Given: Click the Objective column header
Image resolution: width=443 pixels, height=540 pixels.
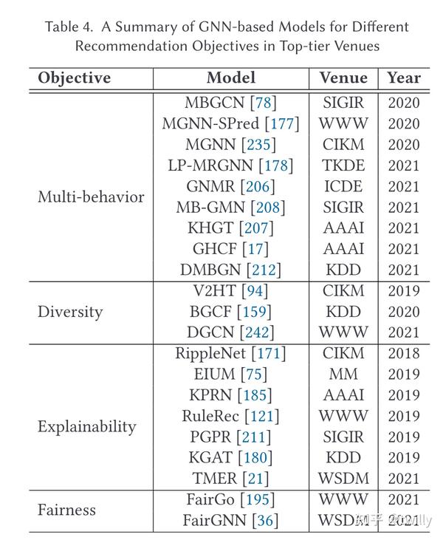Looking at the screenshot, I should pyautogui.click(x=74, y=78).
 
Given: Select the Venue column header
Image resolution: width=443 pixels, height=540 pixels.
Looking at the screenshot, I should pyautogui.click(x=343, y=78).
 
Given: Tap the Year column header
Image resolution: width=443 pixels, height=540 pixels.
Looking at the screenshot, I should pyautogui.click(x=403, y=78).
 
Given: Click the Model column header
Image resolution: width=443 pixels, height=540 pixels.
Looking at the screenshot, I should pyautogui.click(x=231, y=78).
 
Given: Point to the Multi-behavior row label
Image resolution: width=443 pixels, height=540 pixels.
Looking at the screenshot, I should pyautogui.click(x=91, y=197).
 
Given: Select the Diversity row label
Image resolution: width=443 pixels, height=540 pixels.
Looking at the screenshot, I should pyautogui.click(x=71, y=312).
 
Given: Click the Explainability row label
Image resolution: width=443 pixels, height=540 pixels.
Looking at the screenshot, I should pyautogui.click(x=87, y=427).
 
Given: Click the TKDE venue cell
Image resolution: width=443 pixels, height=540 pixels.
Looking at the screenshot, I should pyautogui.click(x=343, y=165).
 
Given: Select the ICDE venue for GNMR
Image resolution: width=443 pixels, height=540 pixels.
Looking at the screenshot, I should pyautogui.click(x=343, y=186).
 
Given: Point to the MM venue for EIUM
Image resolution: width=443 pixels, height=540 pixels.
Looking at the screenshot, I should pyautogui.click(x=343, y=375).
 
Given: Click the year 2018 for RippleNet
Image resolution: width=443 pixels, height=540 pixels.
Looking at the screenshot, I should pyautogui.click(x=403, y=354).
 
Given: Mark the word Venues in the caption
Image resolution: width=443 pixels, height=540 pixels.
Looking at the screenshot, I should pyautogui.click(x=357, y=47).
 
